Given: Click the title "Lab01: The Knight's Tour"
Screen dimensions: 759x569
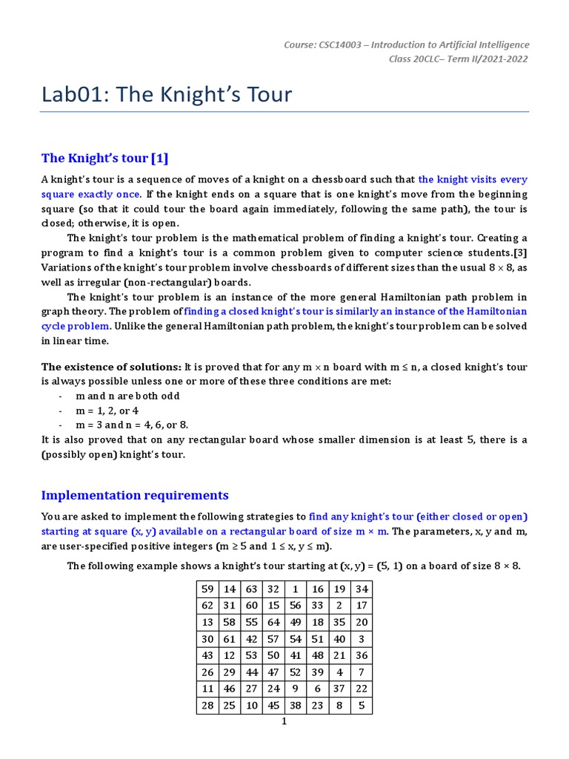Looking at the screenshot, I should (x=167, y=95).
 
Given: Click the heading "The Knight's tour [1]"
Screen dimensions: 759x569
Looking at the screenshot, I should (x=105, y=158).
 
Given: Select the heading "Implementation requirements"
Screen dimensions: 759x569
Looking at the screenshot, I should (x=135, y=495).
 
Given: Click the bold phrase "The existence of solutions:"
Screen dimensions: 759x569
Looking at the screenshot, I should (x=111, y=367).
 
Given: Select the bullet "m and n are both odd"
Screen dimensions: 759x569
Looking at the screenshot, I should (x=127, y=396).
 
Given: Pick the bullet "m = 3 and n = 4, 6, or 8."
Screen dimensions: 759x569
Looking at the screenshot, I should (x=132, y=425).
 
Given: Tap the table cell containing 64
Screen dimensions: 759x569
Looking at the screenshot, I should (x=273, y=622).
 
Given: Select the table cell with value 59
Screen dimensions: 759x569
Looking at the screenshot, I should (x=207, y=589).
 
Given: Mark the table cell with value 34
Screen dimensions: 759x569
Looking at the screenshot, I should (x=361, y=589).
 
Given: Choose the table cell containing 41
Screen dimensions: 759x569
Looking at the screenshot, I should (x=296, y=654).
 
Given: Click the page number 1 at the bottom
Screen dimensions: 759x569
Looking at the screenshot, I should (x=284, y=722).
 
